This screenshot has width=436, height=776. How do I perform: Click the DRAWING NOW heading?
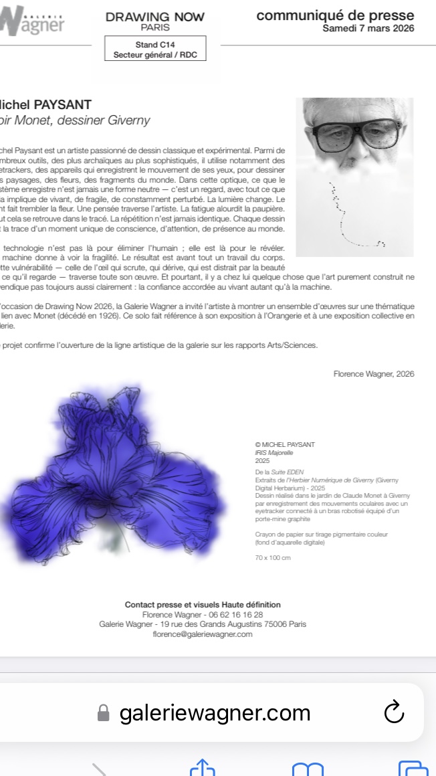click(154, 17)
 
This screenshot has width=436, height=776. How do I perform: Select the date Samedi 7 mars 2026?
click(368, 28)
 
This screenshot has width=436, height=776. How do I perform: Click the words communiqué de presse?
click(335, 15)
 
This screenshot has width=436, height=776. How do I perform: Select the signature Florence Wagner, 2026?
click(373, 374)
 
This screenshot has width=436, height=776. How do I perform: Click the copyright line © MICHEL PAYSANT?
click(285, 445)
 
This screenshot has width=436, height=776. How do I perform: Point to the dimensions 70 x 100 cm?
click(273, 558)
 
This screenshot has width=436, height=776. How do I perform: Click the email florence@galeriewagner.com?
click(203, 634)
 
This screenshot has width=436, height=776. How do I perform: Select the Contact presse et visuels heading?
click(203, 604)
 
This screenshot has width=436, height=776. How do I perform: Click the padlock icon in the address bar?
click(103, 713)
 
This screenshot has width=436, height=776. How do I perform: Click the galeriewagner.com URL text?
click(215, 713)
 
